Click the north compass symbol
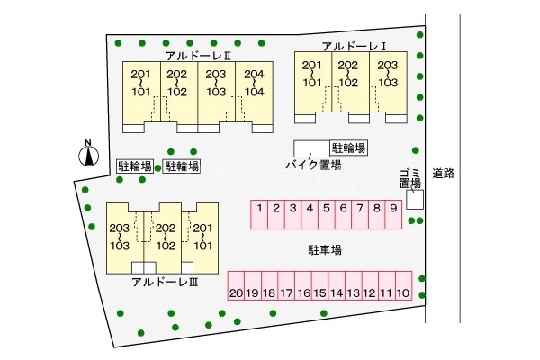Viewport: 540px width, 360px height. click(x=87, y=157)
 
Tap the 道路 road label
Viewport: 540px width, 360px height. click(x=442, y=173)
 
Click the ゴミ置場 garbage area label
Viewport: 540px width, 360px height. click(x=410, y=177)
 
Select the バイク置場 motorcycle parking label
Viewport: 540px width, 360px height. click(x=313, y=165)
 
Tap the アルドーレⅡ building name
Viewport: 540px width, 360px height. click(x=199, y=55)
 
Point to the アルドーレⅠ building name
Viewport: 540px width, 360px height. click(x=354, y=46)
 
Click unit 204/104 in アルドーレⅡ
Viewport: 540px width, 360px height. click(x=254, y=83)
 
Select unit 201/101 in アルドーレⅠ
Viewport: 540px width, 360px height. click(x=312, y=74)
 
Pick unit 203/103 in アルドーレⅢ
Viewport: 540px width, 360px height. click(x=120, y=236)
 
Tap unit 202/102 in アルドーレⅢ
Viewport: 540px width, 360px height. click(x=165, y=236)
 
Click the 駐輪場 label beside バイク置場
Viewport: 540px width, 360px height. click(x=349, y=148)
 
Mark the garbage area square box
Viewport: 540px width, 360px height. click(x=414, y=201)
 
